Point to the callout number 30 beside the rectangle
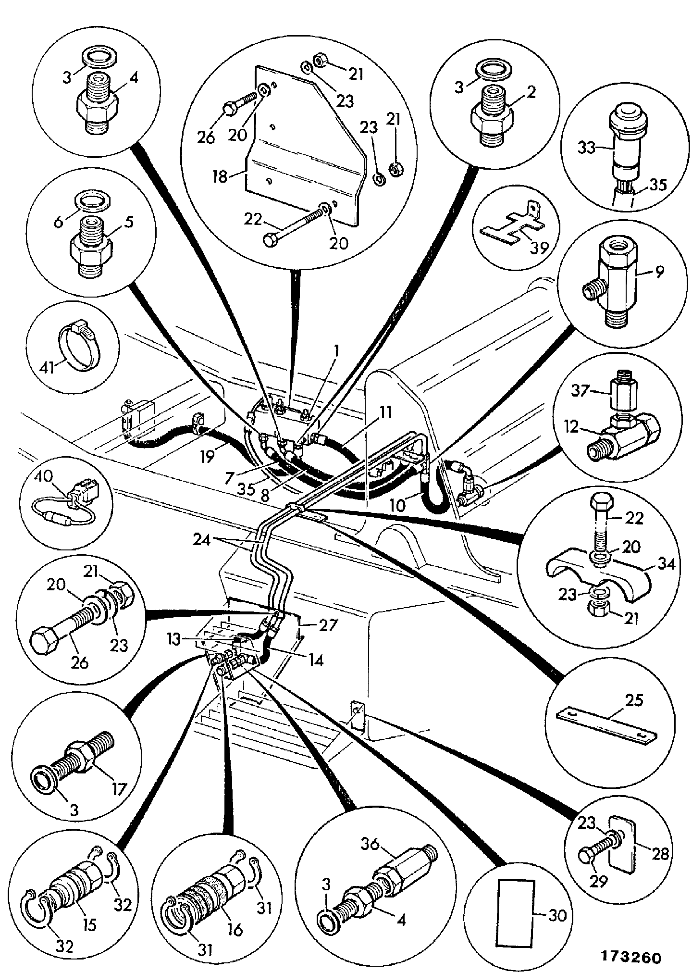[x=557, y=915]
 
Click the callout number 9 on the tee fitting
[x=658, y=272]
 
